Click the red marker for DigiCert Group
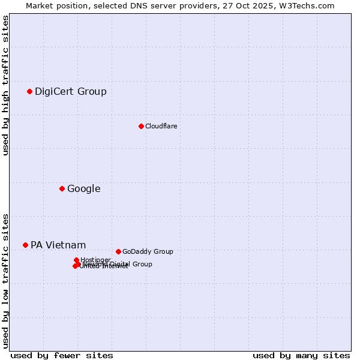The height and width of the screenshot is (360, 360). click(29, 91)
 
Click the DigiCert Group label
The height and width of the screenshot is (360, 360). click(71, 91)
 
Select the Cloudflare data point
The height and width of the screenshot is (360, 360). click(141, 126)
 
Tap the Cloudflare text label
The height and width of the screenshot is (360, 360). click(161, 126)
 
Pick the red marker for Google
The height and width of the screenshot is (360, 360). click(62, 188)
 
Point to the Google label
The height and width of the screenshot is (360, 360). click(83, 188)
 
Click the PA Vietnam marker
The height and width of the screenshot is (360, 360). click(25, 245)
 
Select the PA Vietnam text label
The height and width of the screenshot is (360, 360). click(58, 245)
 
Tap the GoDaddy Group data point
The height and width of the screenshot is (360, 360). click(118, 251)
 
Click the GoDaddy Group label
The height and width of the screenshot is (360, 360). click(148, 251)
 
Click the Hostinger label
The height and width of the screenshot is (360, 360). click(95, 260)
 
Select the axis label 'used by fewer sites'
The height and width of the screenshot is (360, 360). click(62, 355)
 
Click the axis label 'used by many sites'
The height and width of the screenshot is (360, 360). click(301, 355)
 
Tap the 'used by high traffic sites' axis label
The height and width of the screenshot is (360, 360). click(6, 85)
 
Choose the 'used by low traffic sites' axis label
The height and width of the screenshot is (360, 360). click(6, 281)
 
